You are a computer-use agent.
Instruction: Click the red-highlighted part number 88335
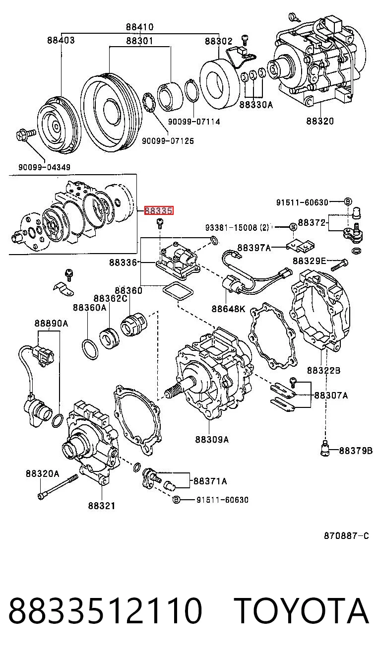click(158, 211)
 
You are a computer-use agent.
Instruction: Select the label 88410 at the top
click(140, 27)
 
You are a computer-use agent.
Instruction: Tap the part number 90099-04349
click(44, 167)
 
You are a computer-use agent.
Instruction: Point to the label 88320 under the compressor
click(320, 121)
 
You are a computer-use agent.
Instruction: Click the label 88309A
click(212, 440)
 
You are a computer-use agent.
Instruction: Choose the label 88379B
click(356, 451)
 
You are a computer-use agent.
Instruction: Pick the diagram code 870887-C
click(346, 535)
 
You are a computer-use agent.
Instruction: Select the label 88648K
click(228, 309)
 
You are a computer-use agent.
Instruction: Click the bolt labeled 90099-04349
click(25, 135)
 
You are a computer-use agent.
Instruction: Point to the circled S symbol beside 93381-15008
click(293, 227)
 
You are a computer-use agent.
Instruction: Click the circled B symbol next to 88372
click(348, 202)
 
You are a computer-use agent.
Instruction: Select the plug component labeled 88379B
click(325, 450)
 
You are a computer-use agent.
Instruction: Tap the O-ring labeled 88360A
click(89, 350)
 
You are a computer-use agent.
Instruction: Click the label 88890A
click(52, 323)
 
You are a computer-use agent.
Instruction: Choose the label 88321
click(102, 506)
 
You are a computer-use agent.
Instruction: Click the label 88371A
click(210, 481)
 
